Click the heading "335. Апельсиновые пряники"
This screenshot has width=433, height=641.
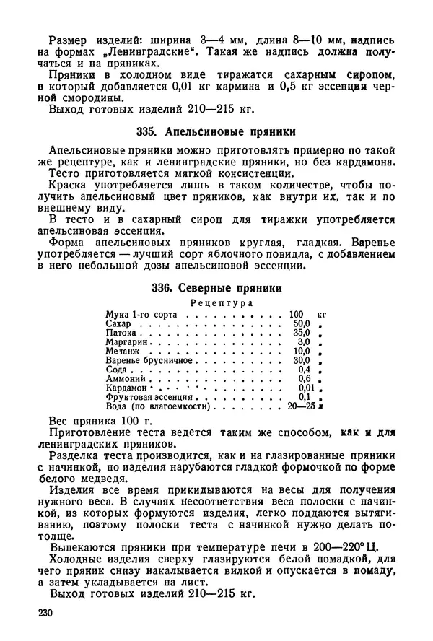click(216, 132)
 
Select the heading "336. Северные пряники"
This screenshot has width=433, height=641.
click(216, 287)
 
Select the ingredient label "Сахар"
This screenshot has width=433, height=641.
click(118, 326)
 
